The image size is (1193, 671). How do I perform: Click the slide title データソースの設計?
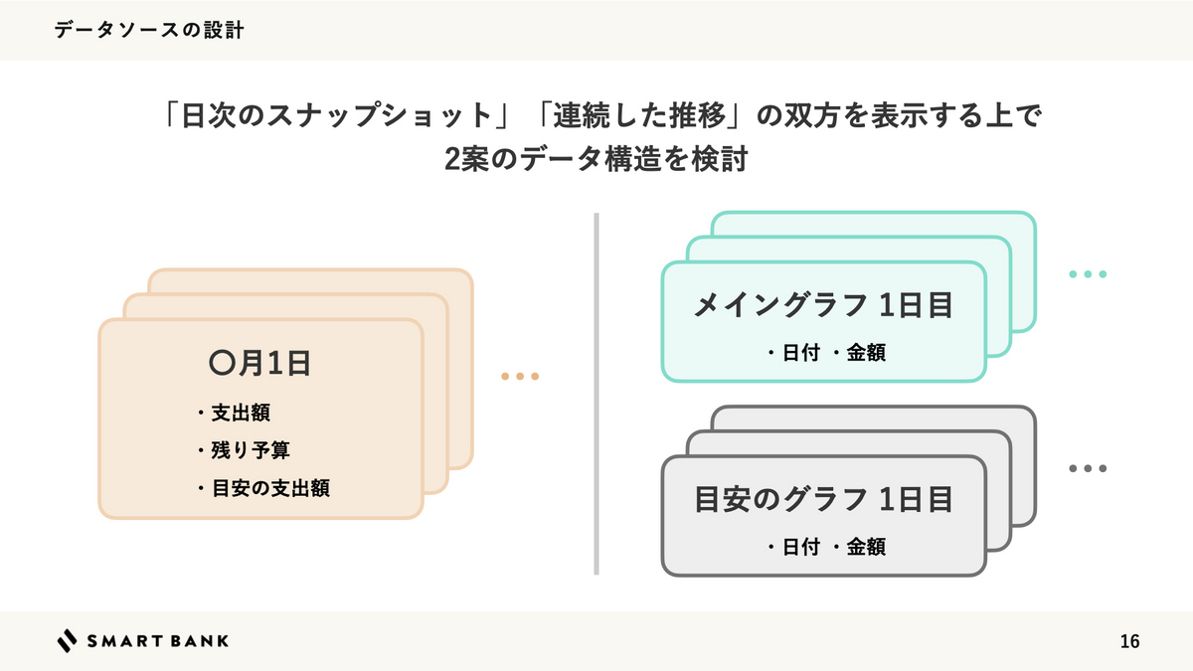149,31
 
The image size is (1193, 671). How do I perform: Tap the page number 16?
1129,641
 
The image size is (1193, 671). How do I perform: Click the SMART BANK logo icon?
67,641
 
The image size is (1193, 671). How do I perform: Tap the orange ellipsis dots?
520,377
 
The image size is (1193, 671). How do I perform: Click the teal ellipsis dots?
1088,274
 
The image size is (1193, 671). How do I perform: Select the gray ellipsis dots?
1088,468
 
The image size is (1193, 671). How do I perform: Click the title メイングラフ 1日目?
823,305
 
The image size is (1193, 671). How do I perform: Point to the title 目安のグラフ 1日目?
823,499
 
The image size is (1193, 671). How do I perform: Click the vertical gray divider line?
596,393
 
